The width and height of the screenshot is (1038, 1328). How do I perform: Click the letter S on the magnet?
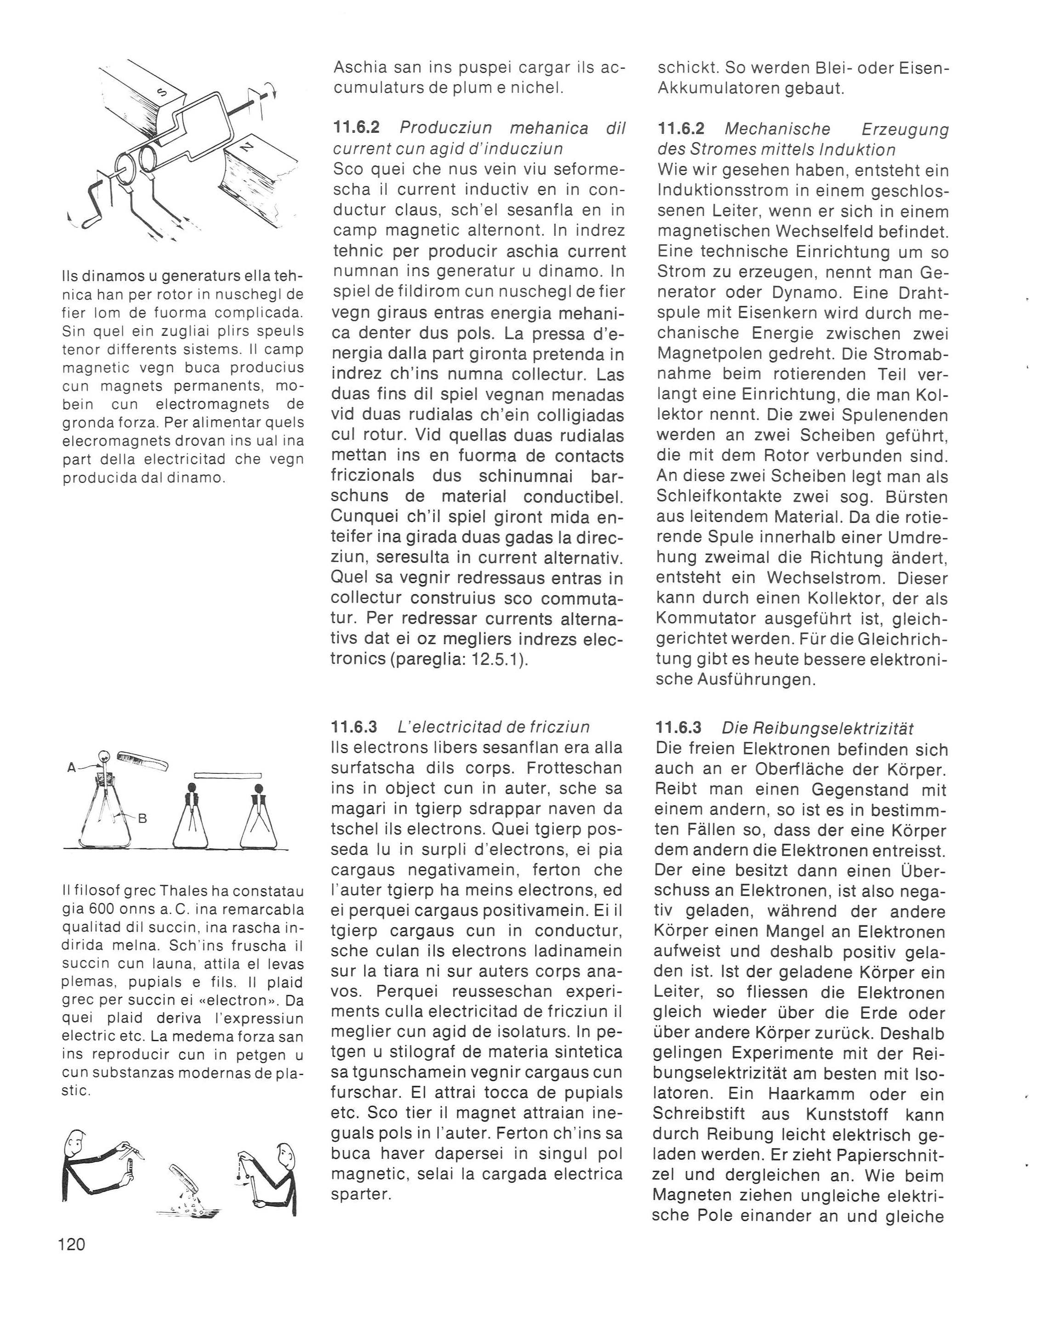tap(162, 92)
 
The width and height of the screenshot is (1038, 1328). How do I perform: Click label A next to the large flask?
tap(71, 768)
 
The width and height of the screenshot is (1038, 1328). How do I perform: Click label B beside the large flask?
tap(143, 818)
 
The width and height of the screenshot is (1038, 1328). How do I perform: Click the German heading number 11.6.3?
tap(679, 727)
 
